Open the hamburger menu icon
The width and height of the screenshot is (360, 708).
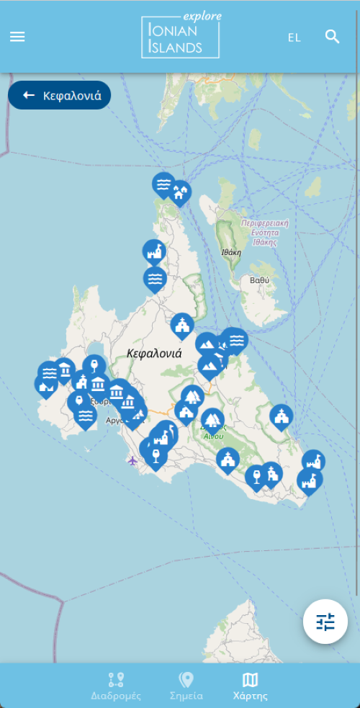coord(17,37)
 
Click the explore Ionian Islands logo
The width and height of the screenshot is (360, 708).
coord(181,36)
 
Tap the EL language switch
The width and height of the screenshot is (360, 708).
coord(294,37)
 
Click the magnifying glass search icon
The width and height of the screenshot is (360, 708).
coord(332,37)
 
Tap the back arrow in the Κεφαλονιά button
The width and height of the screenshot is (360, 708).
coord(29,95)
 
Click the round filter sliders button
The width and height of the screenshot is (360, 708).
coord(325,622)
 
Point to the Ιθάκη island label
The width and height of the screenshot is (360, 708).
coord(231,253)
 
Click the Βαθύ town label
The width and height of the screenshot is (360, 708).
coord(259,279)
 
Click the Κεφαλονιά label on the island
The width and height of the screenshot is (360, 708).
coord(154,354)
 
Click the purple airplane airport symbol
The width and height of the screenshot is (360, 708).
coord(132,460)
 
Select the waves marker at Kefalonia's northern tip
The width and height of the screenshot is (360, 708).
coord(164,184)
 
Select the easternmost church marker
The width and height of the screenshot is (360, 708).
coord(282,416)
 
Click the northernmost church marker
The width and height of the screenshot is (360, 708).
coord(182,325)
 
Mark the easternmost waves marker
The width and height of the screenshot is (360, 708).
coord(235,339)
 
